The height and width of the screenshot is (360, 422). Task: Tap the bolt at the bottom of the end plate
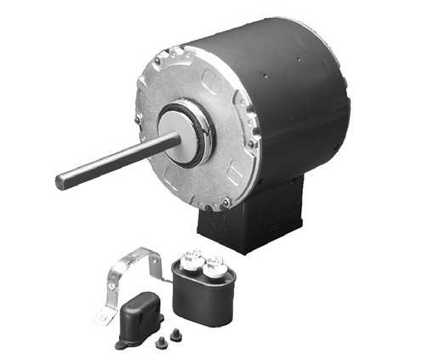[x=225, y=201]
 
